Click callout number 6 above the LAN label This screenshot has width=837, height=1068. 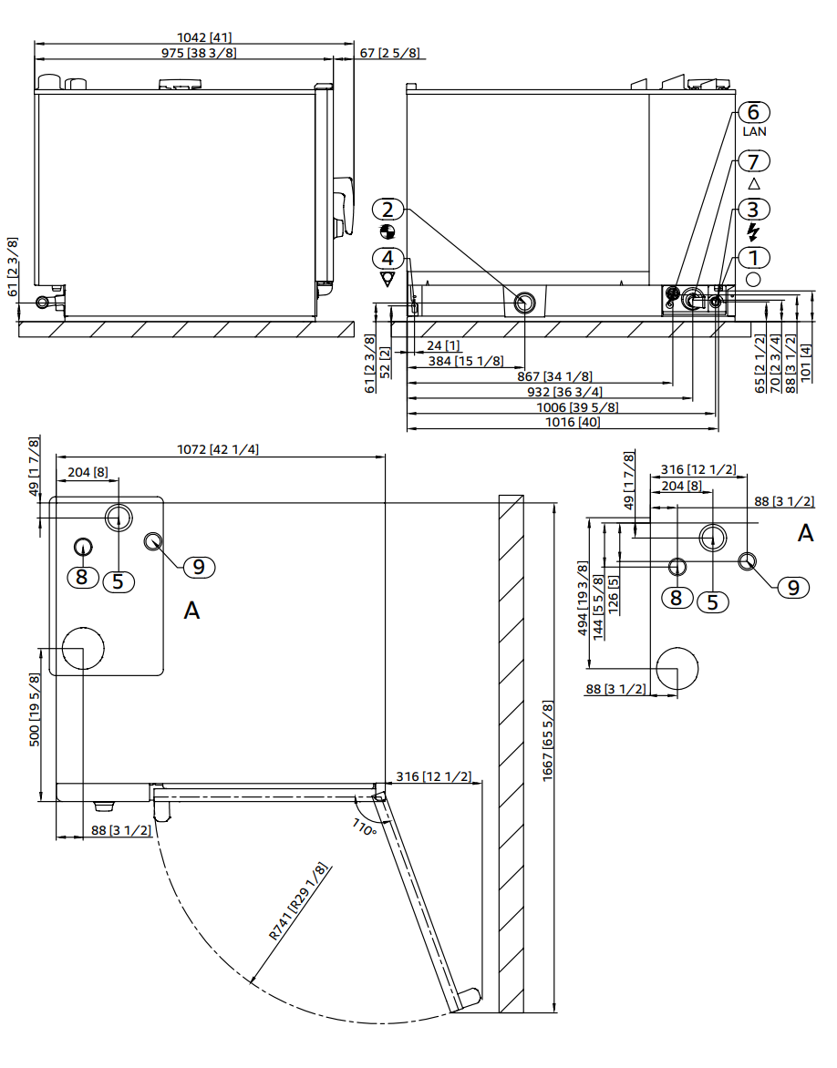click(x=753, y=112)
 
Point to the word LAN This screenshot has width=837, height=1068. click(x=754, y=131)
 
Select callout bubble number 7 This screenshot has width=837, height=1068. click(x=753, y=161)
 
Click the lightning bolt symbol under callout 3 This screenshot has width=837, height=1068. click(x=753, y=231)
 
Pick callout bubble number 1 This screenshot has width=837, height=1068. click(x=753, y=258)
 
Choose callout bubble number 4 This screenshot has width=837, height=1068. click(x=387, y=258)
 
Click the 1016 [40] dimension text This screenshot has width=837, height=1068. click(x=573, y=422)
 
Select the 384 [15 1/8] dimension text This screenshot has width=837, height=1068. click(x=465, y=361)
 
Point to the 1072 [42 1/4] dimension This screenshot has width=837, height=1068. click(x=219, y=449)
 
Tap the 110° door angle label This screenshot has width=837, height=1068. click(x=364, y=827)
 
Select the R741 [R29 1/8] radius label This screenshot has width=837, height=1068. click(x=297, y=901)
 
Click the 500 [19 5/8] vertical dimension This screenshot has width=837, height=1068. click(x=35, y=711)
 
